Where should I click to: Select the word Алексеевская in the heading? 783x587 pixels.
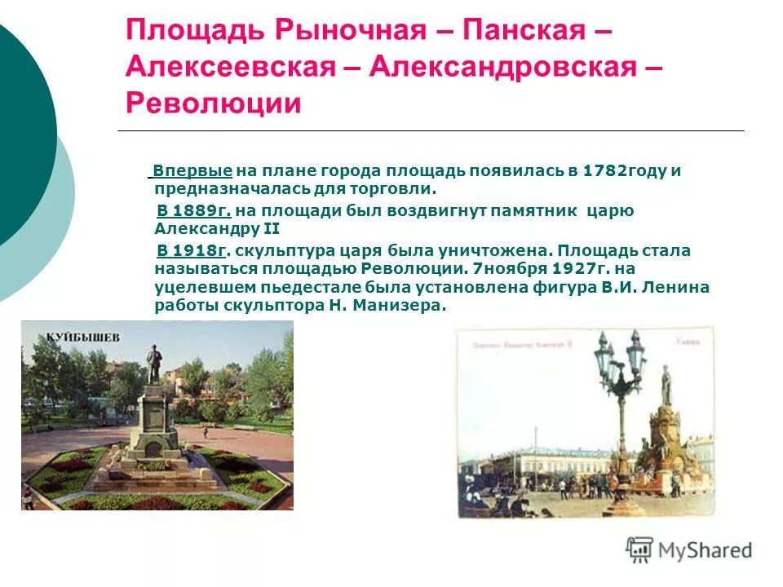click(231, 68)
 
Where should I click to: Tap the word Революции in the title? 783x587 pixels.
click(214, 104)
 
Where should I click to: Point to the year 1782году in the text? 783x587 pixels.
click(626, 171)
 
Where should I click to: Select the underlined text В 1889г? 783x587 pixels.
click(194, 211)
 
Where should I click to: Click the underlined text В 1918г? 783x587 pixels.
click(192, 251)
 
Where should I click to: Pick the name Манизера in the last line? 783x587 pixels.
click(407, 306)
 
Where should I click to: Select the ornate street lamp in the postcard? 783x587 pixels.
click(621, 383)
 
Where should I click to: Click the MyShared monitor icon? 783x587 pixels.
click(639, 549)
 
